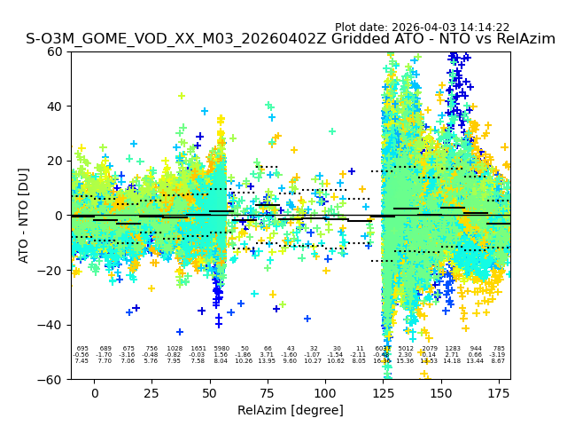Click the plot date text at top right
coord(422,28)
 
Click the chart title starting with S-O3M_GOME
coord(291,39)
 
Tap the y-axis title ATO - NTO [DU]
coord(24,216)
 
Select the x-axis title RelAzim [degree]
coord(291,410)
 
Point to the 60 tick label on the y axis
coord(55,51)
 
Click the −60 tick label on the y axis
coord(51,380)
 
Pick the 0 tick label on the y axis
coord(59,216)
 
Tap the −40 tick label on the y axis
coord(51,325)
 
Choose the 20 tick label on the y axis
coord(55,161)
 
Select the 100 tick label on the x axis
coord(325,393)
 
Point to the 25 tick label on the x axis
coord(151,393)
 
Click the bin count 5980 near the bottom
coord(221,349)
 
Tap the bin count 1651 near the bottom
coord(198,349)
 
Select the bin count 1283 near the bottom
coord(453,349)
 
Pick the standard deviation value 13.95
coord(267,361)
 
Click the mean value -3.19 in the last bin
coord(498,355)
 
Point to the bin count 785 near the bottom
coord(499,349)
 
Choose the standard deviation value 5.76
coord(151,361)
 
